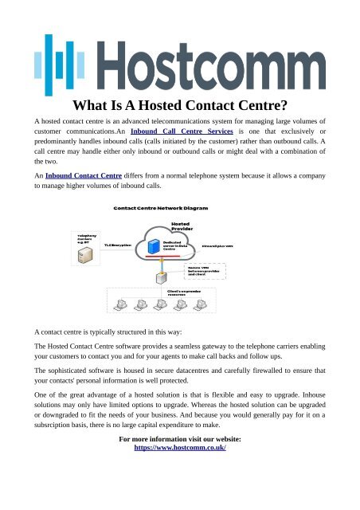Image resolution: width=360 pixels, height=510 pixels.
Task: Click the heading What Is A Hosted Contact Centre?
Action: point(180,106)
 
